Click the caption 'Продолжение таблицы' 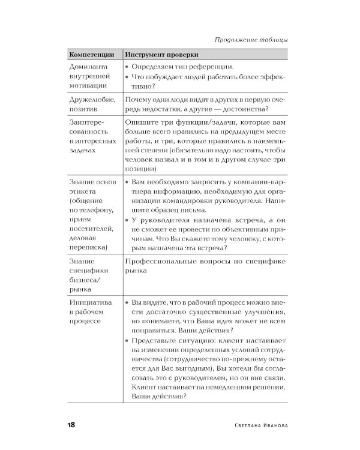pos(250,40)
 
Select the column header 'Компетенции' pos(91,55)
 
